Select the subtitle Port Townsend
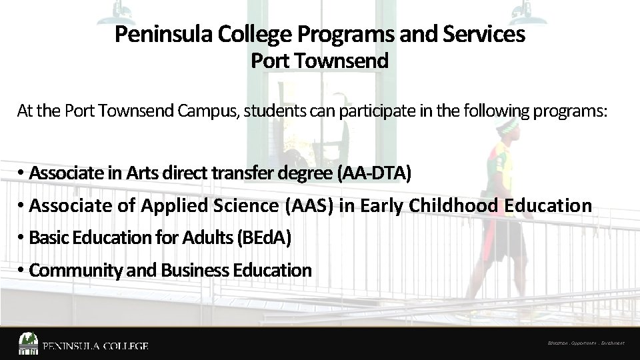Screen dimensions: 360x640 (319, 61)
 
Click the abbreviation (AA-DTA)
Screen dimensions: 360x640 (375, 174)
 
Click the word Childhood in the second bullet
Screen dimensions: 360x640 (453, 206)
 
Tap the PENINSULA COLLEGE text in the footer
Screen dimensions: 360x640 (95, 346)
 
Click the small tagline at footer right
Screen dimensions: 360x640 (585, 344)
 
